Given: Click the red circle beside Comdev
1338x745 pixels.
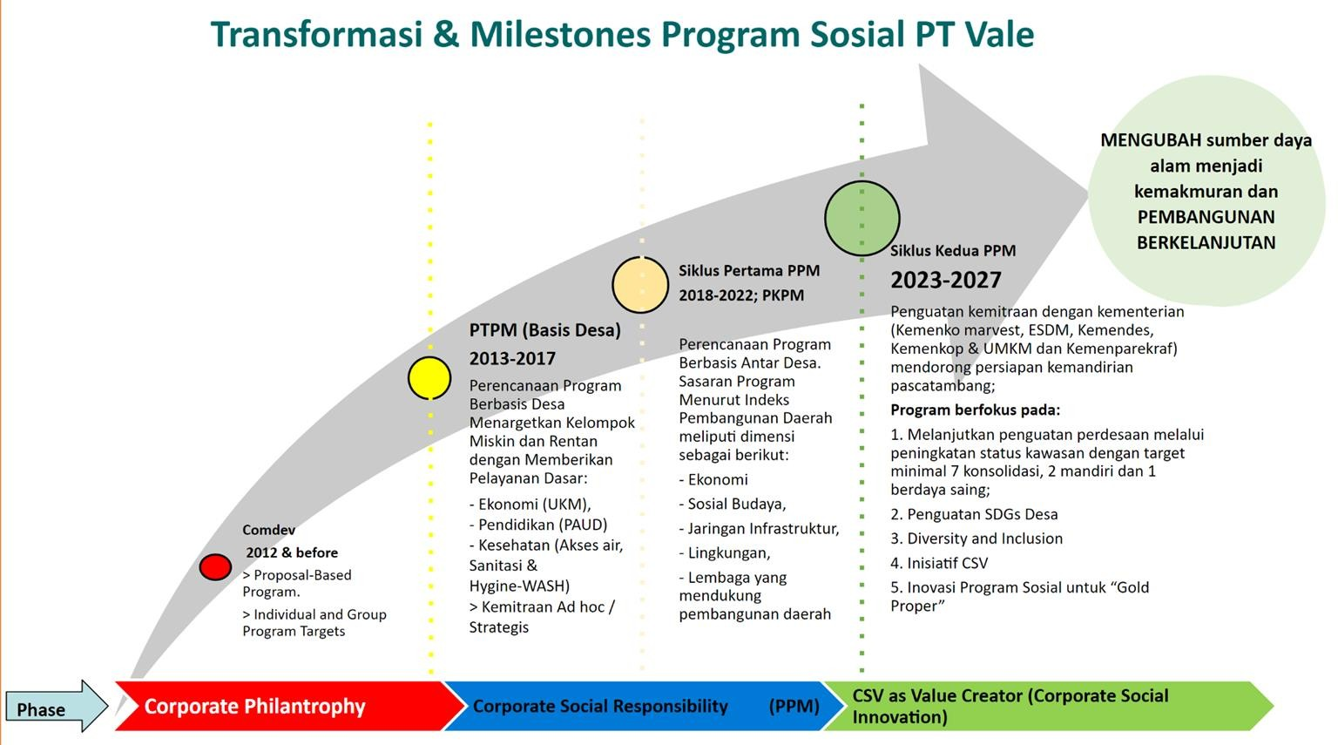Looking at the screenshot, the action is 215,567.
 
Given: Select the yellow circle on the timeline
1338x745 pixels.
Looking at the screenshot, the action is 429,377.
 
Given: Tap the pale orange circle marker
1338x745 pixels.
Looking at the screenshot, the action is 640,285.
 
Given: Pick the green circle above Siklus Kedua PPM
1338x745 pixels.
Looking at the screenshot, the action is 862,218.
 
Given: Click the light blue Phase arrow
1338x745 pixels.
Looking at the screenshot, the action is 57,706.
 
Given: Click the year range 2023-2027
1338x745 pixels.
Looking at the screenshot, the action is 945,280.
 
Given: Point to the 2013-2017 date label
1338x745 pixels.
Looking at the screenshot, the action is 512,358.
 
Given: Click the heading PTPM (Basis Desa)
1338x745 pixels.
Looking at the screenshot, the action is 544,329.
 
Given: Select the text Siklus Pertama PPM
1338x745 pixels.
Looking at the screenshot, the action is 749,271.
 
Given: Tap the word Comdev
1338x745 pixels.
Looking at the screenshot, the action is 269,530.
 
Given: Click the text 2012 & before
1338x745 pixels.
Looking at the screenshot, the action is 292,552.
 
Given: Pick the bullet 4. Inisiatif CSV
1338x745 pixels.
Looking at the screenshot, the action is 939,563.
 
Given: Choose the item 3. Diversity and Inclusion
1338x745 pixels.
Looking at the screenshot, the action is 976,538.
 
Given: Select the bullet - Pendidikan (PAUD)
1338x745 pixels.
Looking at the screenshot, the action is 538,525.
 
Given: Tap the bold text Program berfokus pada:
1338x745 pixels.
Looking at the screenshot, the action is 975,410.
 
